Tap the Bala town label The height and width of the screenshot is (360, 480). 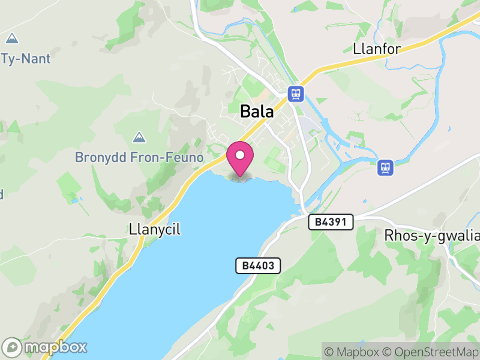257,112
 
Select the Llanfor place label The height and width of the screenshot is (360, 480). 377,49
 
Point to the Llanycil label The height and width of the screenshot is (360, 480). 154,229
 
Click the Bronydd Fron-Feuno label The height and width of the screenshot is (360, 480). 139,157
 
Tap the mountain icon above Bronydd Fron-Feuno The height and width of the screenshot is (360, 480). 139,137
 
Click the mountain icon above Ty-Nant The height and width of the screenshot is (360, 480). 11,39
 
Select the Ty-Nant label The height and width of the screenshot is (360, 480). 26,59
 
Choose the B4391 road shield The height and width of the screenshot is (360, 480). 331,222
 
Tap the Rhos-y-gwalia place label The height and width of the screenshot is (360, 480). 431,235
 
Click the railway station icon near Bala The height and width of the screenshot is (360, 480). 295,94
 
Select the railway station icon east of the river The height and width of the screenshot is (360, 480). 385,167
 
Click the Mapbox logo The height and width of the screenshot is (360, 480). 45,347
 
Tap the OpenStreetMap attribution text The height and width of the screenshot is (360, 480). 431,352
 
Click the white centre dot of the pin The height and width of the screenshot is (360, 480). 240,155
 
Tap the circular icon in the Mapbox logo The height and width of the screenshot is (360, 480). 12,347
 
